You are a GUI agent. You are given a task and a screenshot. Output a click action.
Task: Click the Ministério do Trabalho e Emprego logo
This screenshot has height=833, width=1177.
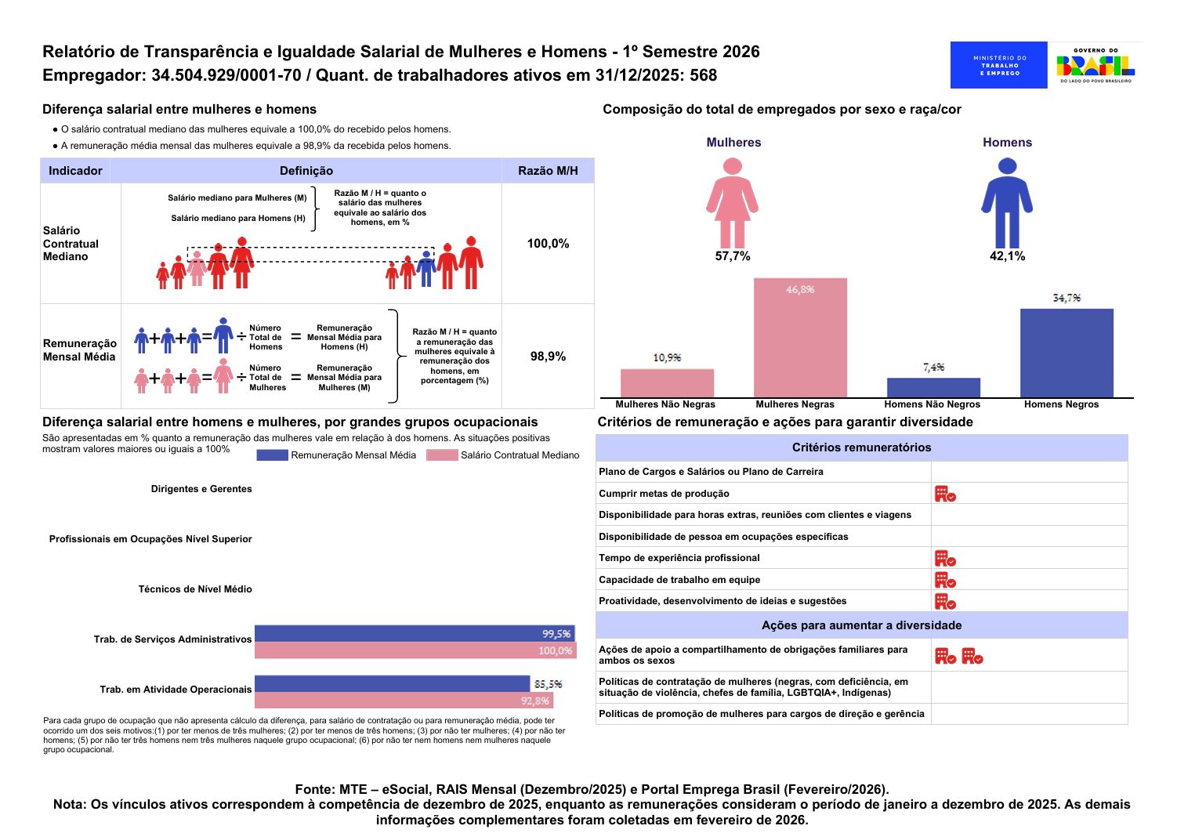pos(998,65)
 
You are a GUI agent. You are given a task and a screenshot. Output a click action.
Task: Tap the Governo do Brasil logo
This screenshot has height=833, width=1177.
pos(1096,65)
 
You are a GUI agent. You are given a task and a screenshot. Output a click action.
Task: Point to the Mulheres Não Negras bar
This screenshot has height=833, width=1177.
pos(667,383)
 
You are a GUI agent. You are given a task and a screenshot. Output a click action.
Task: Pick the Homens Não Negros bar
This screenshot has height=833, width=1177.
pos(933,388)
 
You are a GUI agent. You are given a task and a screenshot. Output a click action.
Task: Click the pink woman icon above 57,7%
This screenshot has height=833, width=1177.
pos(732,203)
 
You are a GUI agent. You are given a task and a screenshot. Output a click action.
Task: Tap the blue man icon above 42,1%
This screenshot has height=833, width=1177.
pos(1007,203)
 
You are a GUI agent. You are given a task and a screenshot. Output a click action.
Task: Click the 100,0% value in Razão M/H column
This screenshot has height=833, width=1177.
pos(548,244)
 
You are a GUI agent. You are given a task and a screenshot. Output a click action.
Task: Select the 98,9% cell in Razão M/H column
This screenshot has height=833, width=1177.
pos(548,357)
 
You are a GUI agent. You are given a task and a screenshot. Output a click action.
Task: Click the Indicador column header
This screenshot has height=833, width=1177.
pos(75,171)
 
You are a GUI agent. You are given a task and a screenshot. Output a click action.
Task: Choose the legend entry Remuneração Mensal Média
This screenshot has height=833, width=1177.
pos(338,455)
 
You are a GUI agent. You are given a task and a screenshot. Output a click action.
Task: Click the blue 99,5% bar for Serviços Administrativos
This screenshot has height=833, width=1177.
pos(414,633)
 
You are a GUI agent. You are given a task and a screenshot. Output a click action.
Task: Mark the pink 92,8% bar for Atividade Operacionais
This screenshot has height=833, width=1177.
pos(404,701)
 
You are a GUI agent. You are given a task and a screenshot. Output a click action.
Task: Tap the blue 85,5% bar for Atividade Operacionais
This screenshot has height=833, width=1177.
pos(392,683)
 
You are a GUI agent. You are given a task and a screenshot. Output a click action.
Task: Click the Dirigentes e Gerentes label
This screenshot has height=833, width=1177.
pos(201,489)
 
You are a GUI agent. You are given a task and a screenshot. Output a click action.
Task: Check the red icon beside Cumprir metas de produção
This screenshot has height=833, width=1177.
pos(945,494)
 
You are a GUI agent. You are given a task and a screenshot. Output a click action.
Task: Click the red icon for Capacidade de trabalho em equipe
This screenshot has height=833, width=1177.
pos(945,581)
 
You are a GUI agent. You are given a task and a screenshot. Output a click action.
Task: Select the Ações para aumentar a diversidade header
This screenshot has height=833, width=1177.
pos(861,625)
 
